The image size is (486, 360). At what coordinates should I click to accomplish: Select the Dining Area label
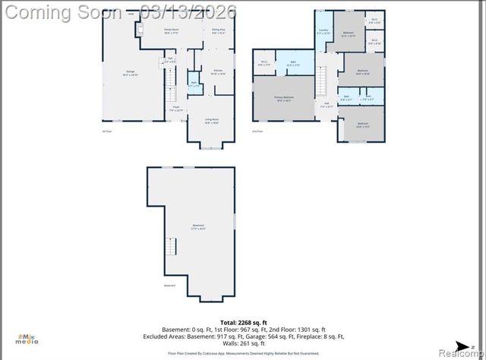219,31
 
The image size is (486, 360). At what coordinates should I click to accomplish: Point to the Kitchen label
218,71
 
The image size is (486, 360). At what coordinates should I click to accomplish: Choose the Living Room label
211,120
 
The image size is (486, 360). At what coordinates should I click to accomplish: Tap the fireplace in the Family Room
139,30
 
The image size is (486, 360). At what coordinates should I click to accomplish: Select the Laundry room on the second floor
323,31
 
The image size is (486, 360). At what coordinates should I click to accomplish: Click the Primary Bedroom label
284,99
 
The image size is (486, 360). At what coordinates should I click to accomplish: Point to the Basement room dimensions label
197,229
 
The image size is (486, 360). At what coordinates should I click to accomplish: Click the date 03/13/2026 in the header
192,11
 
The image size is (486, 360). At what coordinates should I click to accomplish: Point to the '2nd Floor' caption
258,131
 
